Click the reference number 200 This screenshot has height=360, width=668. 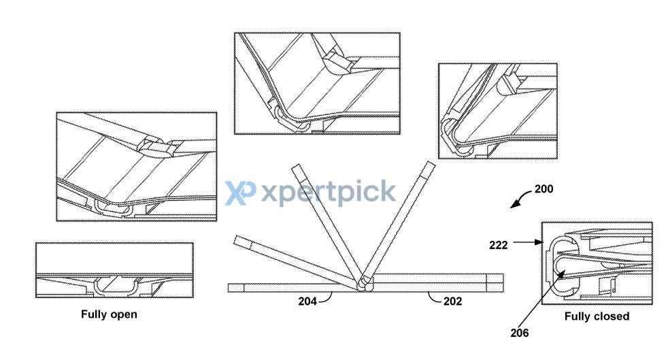tap(544, 189)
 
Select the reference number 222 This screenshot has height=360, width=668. tap(499, 245)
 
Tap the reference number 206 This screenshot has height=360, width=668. tap(519, 333)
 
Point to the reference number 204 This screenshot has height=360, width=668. tap(307, 301)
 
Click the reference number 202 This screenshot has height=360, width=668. tap(452, 301)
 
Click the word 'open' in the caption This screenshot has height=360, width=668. tap(122, 315)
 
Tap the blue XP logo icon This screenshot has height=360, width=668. tap(240, 193)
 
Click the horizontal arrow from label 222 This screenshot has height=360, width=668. tap(528, 242)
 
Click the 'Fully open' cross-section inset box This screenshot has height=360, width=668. tap(114, 270)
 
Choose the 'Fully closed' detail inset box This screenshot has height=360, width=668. tap(597, 263)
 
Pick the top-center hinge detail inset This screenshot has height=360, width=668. tap(317, 84)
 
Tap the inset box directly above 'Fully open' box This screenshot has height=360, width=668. tap(136, 167)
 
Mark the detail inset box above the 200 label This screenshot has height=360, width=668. tap(497, 111)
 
